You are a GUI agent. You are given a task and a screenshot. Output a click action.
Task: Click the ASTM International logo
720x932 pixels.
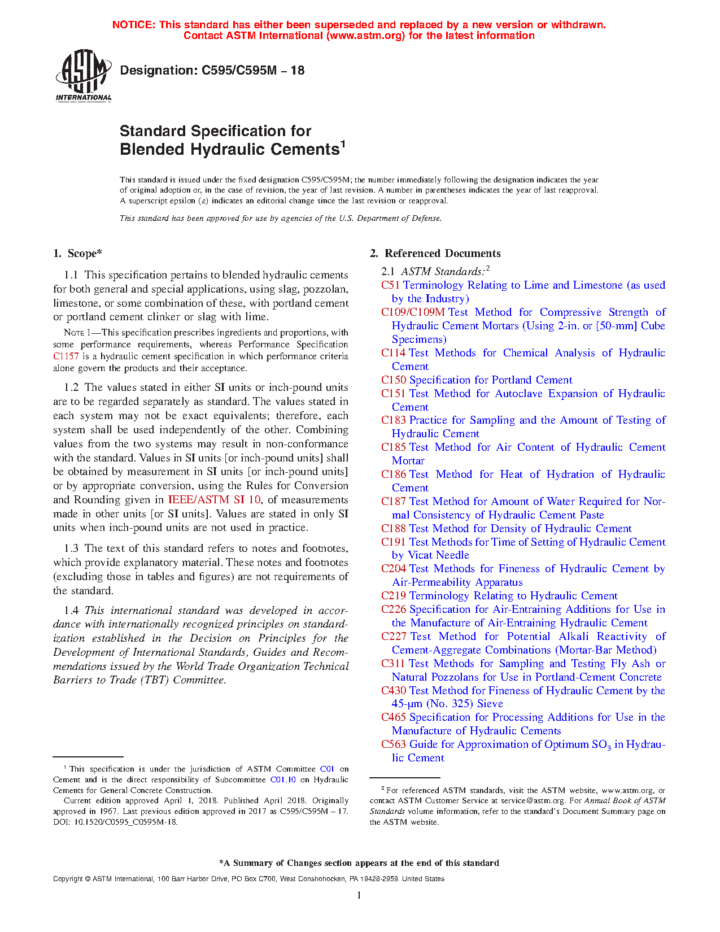click(83, 75)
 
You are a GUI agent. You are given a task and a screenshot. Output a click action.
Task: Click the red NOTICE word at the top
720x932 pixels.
click(133, 25)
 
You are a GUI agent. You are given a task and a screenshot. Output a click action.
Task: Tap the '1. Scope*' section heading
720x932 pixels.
click(78, 254)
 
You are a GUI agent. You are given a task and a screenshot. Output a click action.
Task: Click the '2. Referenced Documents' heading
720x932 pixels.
click(435, 254)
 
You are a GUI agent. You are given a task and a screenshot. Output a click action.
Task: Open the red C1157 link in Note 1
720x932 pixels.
click(66, 356)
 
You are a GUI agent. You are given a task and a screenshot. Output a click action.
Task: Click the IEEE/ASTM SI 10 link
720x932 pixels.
click(215, 500)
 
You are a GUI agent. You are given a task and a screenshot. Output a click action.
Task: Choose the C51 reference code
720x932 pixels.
click(390, 285)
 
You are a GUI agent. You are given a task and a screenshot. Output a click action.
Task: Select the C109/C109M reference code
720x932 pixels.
click(413, 312)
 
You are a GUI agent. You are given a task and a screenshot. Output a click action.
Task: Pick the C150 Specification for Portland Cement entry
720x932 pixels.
click(477, 380)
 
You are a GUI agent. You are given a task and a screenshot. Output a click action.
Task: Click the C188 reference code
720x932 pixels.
click(394, 529)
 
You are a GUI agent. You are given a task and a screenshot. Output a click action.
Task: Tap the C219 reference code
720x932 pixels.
click(394, 596)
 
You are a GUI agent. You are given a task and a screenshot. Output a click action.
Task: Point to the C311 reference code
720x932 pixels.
click(393, 664)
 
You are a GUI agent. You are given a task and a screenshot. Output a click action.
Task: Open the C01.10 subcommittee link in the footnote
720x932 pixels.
click(283, 780)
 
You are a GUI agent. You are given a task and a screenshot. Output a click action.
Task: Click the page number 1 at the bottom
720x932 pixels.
click(359, 895)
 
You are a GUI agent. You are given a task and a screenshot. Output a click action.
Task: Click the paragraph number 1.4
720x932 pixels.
click(71, 611)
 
